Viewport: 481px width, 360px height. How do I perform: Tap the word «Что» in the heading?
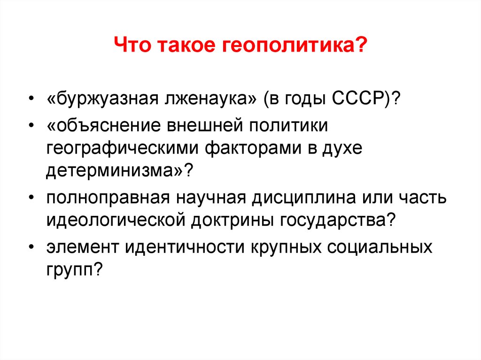click(132, 45)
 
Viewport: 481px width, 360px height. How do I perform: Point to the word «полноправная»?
click(108, 198)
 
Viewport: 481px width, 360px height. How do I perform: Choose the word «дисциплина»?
click(304, 198)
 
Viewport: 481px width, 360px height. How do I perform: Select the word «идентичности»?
click(184, 247)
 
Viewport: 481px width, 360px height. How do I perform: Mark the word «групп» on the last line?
click(70, 270)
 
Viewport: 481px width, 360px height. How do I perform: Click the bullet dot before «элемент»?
click(31, 247)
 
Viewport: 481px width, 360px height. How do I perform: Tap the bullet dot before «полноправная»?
click(31, 198)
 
